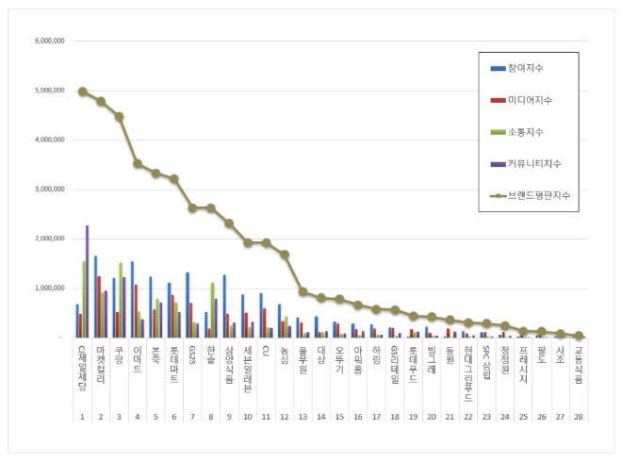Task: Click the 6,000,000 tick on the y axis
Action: click(47, 41)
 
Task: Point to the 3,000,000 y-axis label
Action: click(47, 190)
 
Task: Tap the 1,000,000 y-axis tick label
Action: click(47, 288)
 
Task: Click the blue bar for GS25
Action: click(188, 305)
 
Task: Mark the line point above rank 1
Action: click(83, 91)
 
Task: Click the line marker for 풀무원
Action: click(303, 291)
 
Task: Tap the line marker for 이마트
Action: click(138, 163)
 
